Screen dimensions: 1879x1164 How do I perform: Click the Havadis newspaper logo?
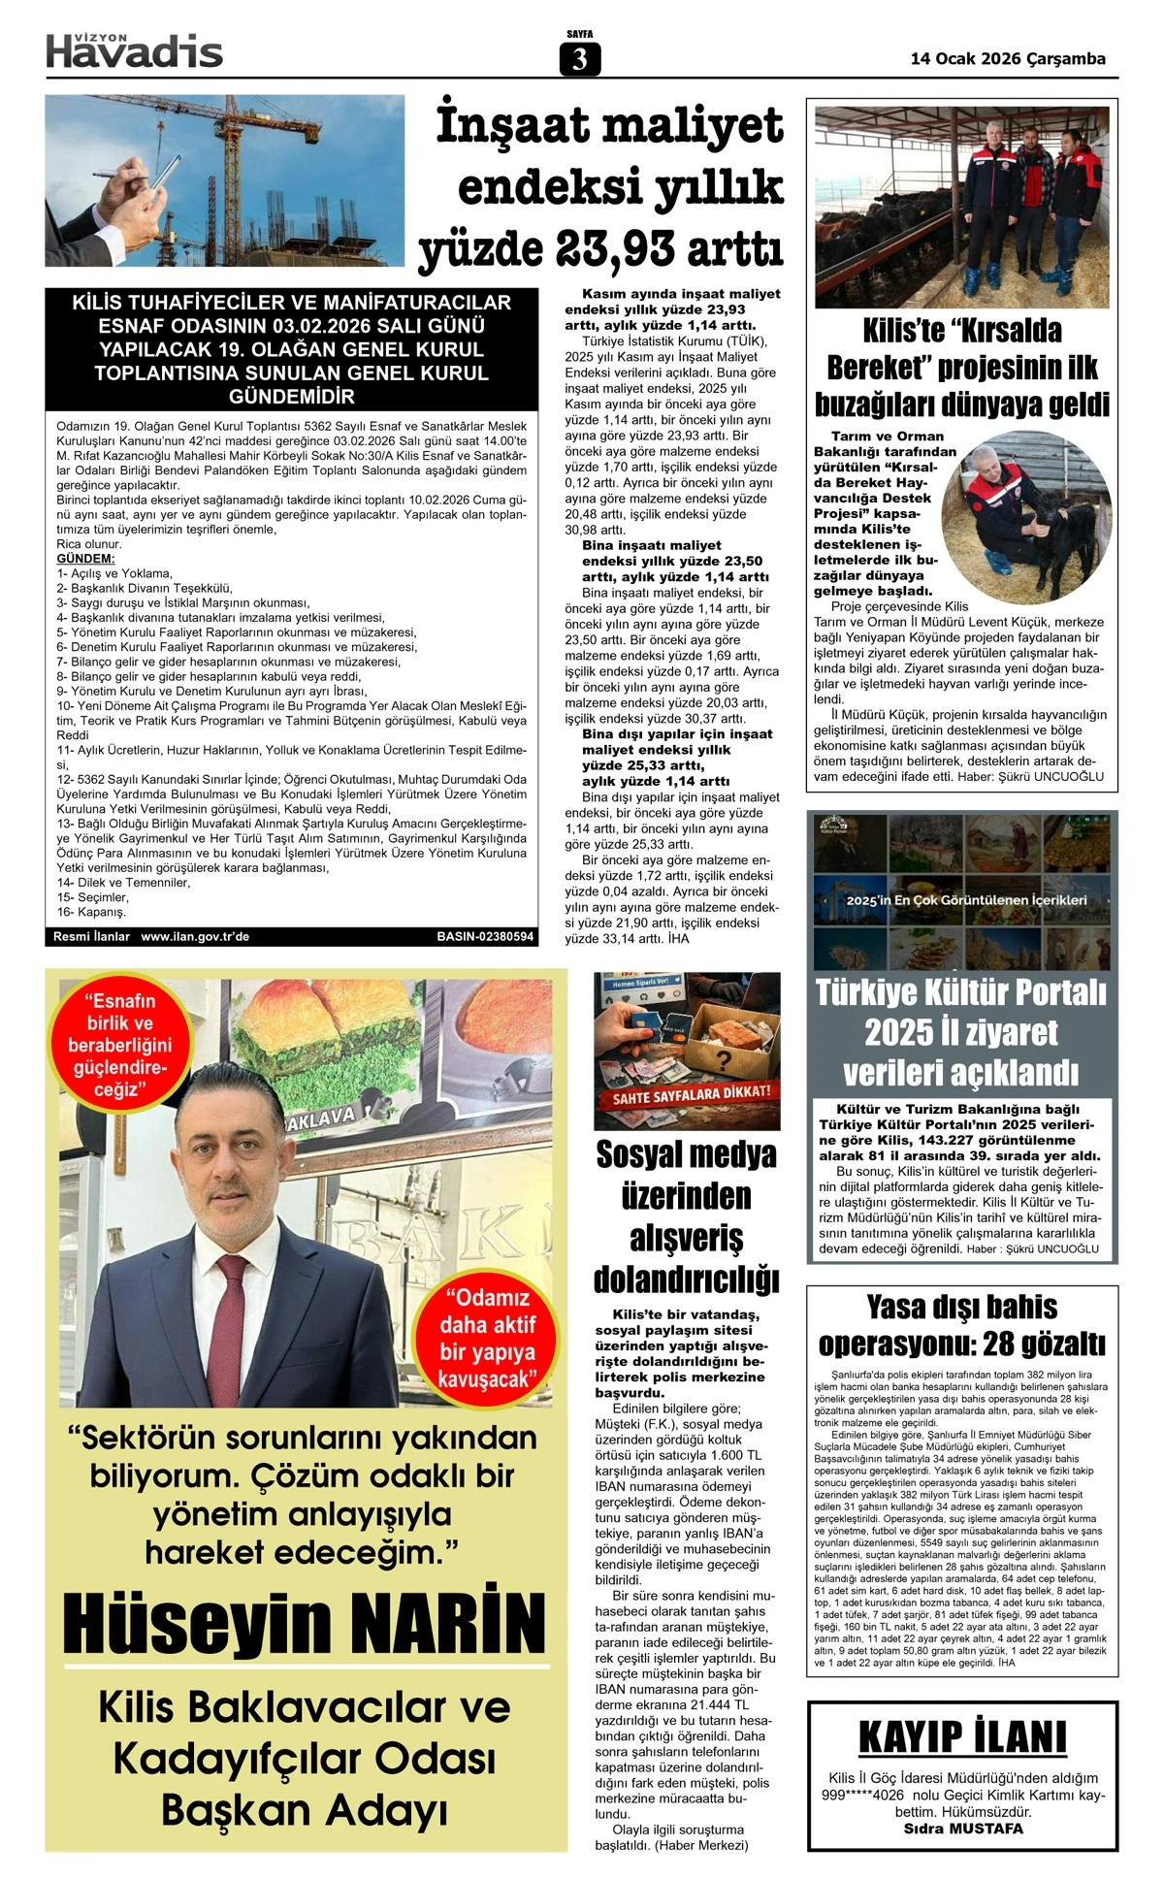[135, 50]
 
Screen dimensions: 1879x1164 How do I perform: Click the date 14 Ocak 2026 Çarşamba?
[1008, 58]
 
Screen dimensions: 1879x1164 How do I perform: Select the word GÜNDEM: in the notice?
[85, 559]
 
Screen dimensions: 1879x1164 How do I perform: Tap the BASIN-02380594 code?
[485, 937]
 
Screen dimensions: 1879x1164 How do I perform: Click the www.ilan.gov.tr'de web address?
[195, 937]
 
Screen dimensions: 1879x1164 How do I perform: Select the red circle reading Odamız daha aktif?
[487, 1338]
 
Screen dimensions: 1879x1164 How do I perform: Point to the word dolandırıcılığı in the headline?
[687, 1280]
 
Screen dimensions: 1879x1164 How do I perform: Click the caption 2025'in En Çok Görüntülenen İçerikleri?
[966, 900]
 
